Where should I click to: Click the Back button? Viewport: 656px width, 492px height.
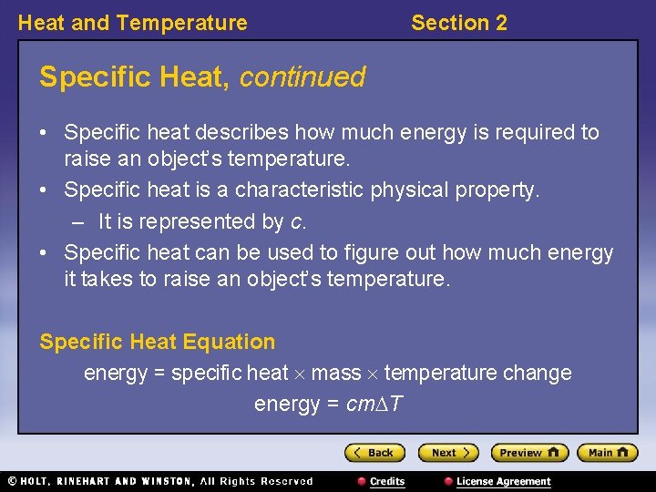[x=374, y=452]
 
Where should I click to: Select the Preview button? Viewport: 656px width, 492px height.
[x=528, y=452]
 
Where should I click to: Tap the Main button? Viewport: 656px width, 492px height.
[x=607, y=452]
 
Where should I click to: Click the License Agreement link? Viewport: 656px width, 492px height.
[x=503, y=481]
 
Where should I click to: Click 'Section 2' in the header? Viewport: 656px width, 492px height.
[x=458, y=23]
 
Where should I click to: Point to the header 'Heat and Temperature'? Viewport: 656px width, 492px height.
[x=132, y=23]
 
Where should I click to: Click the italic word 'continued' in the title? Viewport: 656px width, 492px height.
[x=302, y=77]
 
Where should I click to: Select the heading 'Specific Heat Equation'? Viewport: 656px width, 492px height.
[x=157, y=342]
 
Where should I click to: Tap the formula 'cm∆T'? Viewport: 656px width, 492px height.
[x=375, y=404]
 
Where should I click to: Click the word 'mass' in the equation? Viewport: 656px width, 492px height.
[x=335, y=373]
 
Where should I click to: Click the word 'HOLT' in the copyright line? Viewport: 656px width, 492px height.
[x=36, y=481]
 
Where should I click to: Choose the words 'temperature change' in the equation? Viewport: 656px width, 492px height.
[x=477, y=373]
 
